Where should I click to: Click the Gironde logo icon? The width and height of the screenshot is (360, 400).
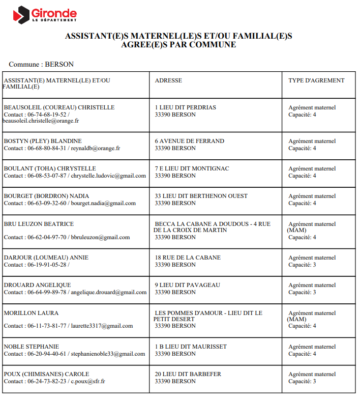21,15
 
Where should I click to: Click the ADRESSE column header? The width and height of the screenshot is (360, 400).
168,80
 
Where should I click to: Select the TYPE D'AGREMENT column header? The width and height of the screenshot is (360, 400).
316,80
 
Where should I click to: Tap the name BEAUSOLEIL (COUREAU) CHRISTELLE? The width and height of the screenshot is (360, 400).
59,107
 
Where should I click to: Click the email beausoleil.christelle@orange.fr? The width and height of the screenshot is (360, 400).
41,121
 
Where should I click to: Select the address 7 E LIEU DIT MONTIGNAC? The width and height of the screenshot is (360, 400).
192,168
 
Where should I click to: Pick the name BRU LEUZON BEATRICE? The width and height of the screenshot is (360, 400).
39,224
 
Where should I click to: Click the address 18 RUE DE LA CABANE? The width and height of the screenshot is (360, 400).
188,258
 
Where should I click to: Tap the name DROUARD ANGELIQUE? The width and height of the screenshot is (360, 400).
37,285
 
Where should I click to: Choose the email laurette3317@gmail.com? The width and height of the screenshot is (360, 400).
102,326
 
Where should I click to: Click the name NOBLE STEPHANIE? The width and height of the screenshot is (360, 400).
32,347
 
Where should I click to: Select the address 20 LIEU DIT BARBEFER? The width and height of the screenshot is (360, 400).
188,374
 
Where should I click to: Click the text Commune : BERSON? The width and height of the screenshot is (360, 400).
41,65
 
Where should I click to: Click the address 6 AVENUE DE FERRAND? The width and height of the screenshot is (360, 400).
190,141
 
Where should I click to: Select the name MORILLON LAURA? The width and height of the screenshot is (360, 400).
31,313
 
